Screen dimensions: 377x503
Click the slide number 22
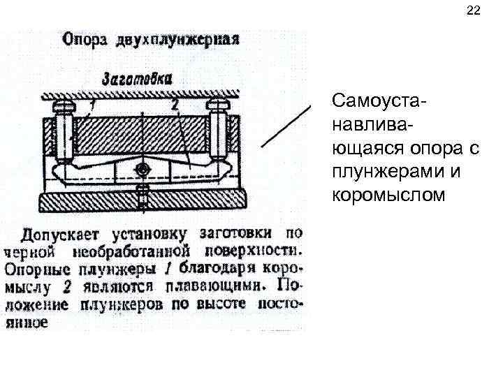pyautogui.click(x=473, y=11)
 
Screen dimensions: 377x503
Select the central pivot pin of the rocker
pyautogui.click(x=143, y=170)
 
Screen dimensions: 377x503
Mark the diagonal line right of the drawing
pyautogui.click(x=286, y=125)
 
